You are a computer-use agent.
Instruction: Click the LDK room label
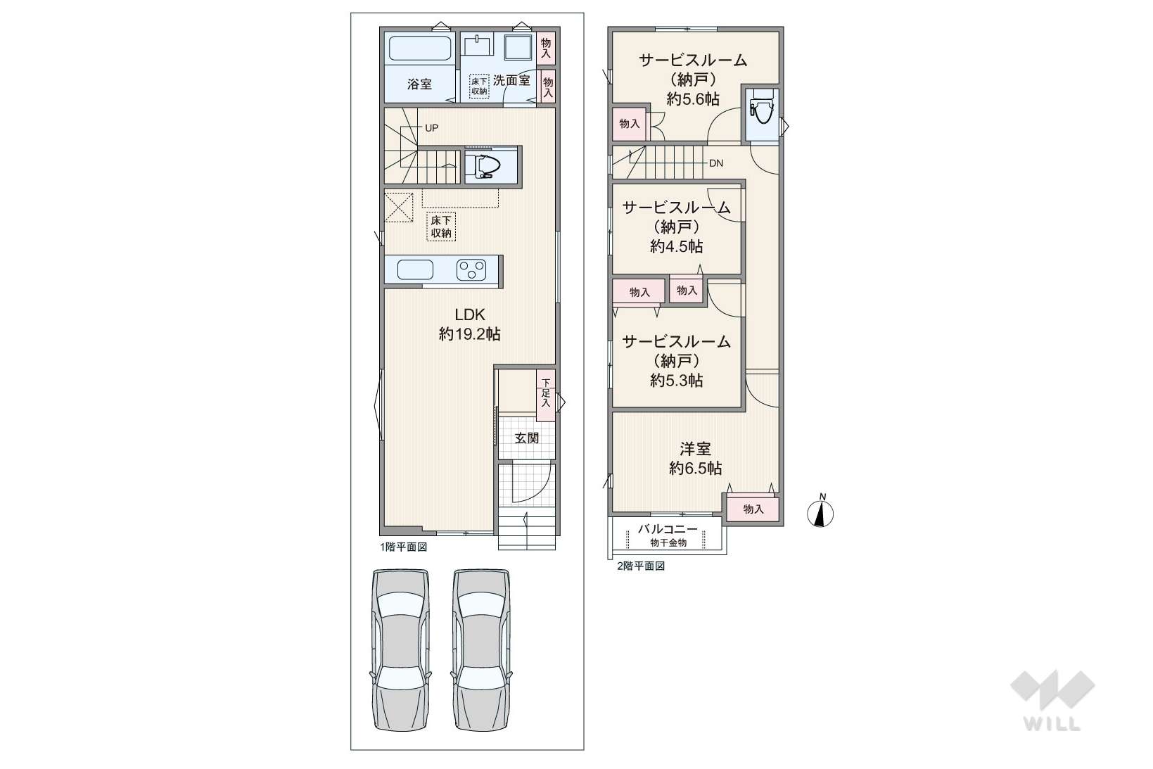[469, 314]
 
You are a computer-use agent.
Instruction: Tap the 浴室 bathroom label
[419, 84]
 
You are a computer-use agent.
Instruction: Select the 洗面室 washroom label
[511, 80]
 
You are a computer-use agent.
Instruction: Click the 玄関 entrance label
[527, 438]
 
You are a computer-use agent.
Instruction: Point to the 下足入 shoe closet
[546, 395]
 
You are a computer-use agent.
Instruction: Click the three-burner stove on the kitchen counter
[471, 269]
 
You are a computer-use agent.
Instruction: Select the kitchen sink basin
[415, 269]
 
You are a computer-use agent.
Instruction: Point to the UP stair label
[431, 127]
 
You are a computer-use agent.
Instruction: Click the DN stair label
[716, 163]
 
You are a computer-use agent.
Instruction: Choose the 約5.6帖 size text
[693, 98]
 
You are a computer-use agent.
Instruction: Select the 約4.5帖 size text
[676, 246]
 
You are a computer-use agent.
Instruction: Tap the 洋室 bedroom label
[696, 450]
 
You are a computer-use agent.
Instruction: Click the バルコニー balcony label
[668, 529]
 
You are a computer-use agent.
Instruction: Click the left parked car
[401, 649]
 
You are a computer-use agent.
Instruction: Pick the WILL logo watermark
[1052, 700]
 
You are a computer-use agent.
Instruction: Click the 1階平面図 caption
[404, 547]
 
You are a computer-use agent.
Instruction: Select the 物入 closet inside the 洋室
[753, 509]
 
